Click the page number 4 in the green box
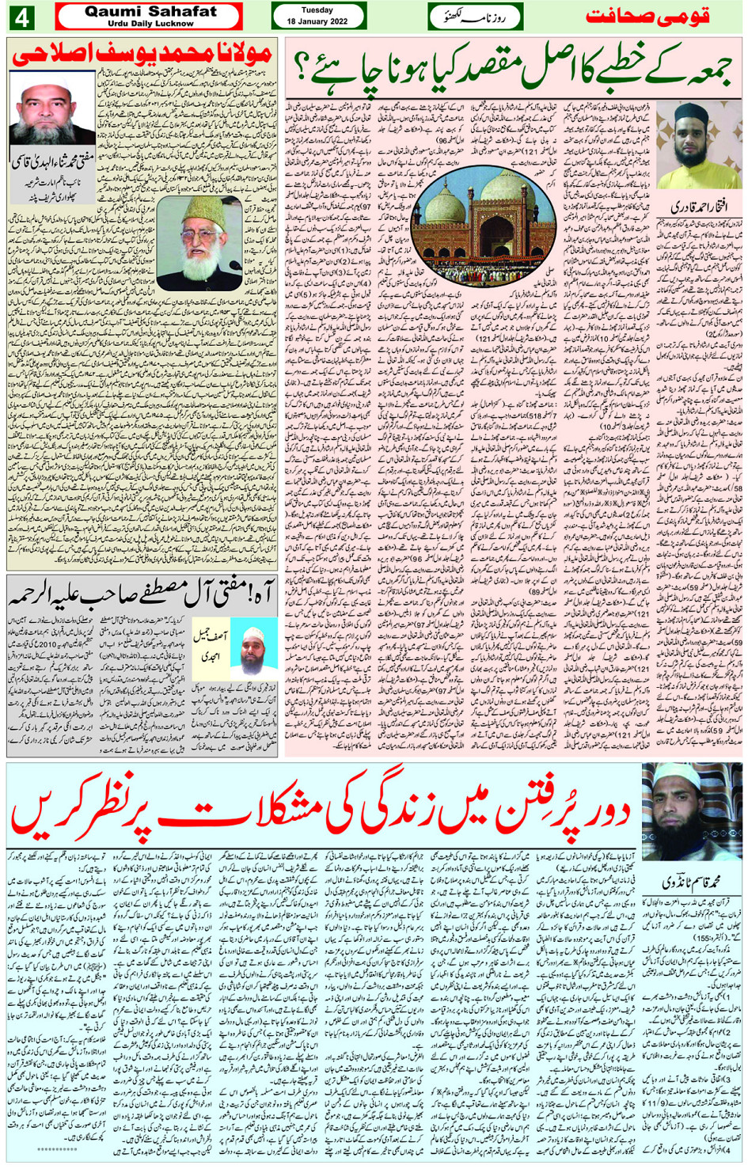[21, 17]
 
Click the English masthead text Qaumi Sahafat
[150, 12]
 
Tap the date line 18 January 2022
[317, 21]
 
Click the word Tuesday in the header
[317, 10]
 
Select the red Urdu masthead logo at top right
[647, 16]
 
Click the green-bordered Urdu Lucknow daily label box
[475, 17]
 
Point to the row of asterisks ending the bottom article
[56, 1149]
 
